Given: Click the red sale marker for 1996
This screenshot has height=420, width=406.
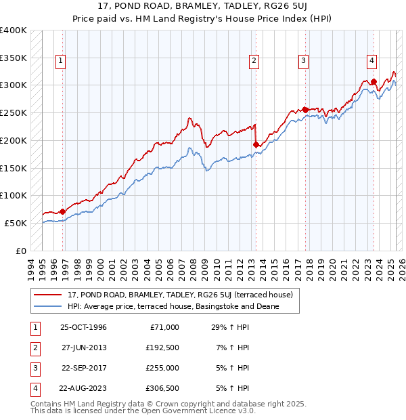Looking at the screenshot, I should coord(62,211).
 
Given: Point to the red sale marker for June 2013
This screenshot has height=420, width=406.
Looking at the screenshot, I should coord(256,144).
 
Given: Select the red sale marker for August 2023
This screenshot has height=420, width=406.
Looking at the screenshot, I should coord(374,81).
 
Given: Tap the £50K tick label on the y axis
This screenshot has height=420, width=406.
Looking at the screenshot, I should coord(16,223).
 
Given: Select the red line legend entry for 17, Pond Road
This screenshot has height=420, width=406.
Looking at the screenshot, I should coord(179,295).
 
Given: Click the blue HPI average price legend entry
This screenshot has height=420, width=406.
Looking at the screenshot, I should coord(173,306).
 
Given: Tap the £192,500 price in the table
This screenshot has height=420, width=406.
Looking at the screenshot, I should coord(162,347).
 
